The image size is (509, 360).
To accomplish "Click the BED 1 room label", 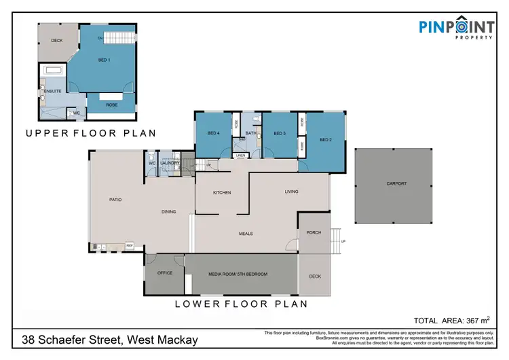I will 105,60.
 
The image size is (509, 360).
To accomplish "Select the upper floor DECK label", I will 56,41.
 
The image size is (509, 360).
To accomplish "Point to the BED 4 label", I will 213,133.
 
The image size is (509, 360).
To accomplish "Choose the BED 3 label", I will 280,133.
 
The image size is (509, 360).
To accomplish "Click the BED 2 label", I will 326,140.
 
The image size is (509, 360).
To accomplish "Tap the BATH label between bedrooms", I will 250,133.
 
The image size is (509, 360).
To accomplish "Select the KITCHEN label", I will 222,192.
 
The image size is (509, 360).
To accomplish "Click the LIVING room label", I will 291,192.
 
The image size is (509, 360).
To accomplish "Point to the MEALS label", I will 246,234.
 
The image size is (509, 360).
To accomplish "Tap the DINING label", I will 169,212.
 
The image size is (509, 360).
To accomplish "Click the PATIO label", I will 115,200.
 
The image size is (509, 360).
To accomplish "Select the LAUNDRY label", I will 170,163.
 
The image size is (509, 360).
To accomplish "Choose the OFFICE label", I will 165,273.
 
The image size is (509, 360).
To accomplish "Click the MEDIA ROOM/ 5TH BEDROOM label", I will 238,274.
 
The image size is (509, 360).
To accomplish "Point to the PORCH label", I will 314,232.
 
